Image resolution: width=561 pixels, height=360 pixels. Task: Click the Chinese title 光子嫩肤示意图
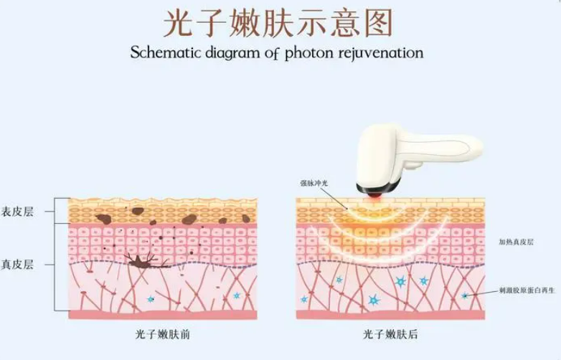(278, 23)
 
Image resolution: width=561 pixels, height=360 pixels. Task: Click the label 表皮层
(17, 212)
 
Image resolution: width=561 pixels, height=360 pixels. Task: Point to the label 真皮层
(17, 265)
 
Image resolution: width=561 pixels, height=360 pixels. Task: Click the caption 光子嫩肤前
(162, 335)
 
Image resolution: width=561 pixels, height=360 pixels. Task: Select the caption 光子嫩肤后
(390, 335)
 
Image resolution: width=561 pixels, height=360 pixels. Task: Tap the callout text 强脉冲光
(313, 184)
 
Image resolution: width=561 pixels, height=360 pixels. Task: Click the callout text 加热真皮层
(517, 242)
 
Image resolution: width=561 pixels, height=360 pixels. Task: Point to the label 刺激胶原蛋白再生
(527, 290)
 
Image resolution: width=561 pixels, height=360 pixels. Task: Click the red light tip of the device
(374, 195)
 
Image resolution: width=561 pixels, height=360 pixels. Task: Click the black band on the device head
(377, 188)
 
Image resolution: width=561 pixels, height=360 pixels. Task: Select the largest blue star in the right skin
(374, 300)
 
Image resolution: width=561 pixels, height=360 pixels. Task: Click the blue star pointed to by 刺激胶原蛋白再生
(465, 295)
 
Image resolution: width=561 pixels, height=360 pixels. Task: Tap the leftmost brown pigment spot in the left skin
(104, 219)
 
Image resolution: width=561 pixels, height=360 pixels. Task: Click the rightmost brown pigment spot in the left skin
(246, 219)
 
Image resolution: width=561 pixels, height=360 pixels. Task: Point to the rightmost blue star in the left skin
(237, 295)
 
